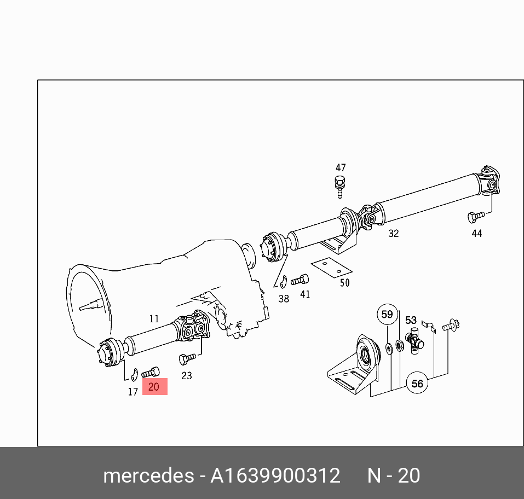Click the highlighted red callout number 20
tap(154, 387)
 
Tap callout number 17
tap(133, 392)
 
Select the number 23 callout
tap(187, 376)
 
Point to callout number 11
tap(154, 318)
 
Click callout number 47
tap(341, 168)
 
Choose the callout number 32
tap(393, 234)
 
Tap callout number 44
tap(477, 234)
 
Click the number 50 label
tap(344, 283)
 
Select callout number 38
tap(284, 299)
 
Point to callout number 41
tap(305, 294)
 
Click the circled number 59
tap(387, 315)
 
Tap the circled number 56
tap(417, 384)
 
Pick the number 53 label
tap(411, 321)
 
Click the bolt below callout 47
tap(340, 185)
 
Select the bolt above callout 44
tap(474, 217)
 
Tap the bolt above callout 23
tap(186, 359)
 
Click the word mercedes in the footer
tap(147, 475)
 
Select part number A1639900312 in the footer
tap(275, 475)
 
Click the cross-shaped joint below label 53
tap(414, 343)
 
